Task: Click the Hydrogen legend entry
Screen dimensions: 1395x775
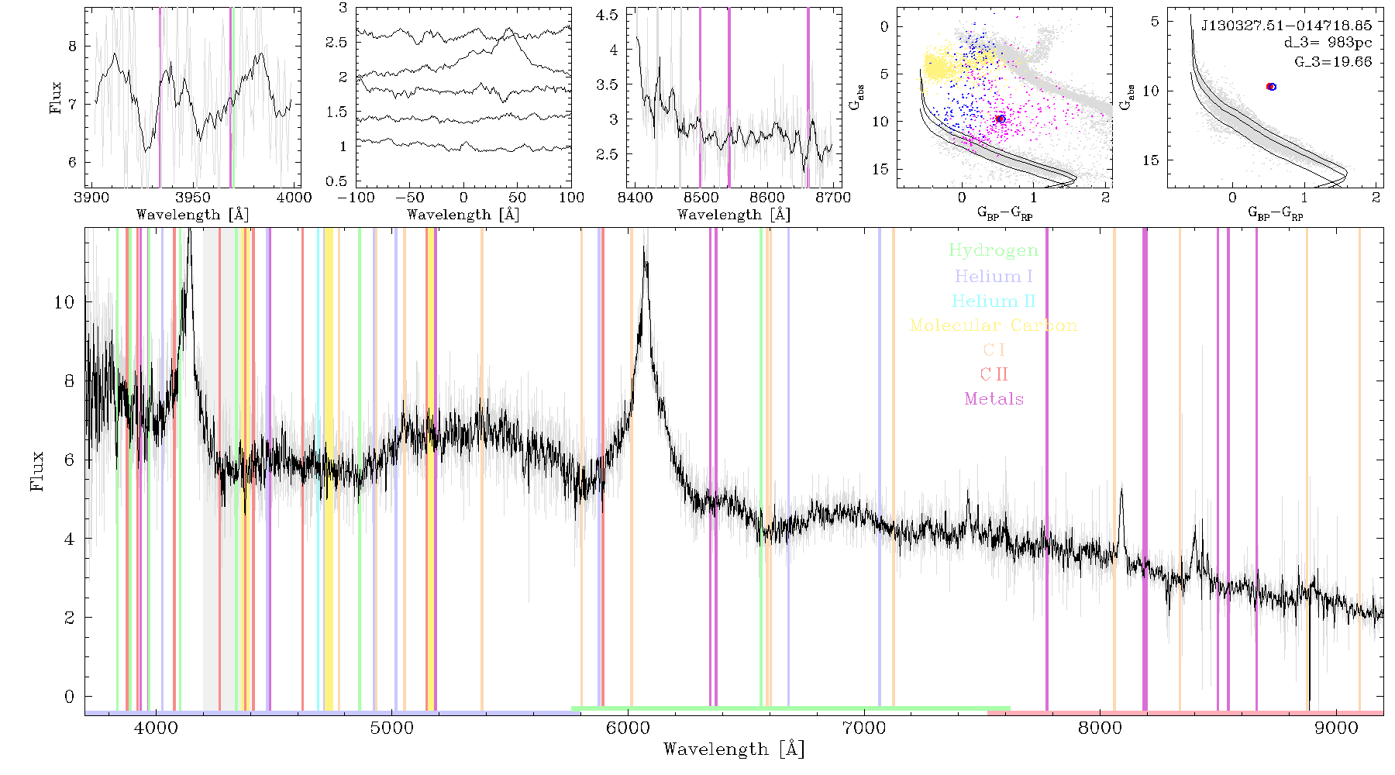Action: (x=993, y=251)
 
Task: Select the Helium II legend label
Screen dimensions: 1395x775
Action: (x=994, y=301)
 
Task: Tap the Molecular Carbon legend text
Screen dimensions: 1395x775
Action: (x=994, y=325)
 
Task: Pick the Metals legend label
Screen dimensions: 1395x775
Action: (x=994, y=399)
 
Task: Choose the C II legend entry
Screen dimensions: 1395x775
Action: (x=994, y=374)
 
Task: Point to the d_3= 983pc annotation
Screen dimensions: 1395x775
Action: (x=1328, y=43)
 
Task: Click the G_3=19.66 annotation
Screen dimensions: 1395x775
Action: (x=1333, y=62)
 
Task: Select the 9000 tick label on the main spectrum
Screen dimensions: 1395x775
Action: (x=1336, y=728)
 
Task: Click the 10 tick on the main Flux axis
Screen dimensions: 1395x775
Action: (x=64, y=302)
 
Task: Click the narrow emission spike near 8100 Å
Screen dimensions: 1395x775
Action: (x=1121, y=490)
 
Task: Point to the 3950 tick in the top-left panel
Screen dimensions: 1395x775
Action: (x=193, y=198)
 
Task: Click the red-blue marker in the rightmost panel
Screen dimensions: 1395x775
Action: (x=1271, y=87)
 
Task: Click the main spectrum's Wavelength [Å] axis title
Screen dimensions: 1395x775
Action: (x=734, y=749)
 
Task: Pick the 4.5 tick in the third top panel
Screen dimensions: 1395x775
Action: (x=608, y=15)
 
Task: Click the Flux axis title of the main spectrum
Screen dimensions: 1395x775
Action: (x=36, y=470)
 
